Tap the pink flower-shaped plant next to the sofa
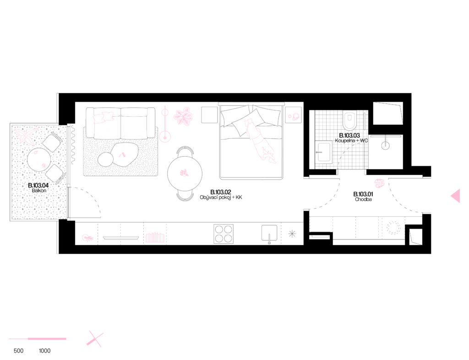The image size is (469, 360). click(x=183, y=116)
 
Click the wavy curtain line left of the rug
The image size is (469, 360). click(x=73, y=144)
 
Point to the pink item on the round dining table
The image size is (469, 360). click(x=184, y=173)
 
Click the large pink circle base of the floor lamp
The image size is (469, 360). click(x=165, y=136)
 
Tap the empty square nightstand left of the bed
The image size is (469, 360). click(x=209, y=115)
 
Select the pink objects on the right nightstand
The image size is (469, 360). click(x=294, y=117)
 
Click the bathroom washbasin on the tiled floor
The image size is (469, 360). click(x=324, y=152)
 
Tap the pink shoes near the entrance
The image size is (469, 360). click(x=379, y=184)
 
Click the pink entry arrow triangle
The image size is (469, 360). click(x=456, y=196)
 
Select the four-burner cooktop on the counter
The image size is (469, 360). click(x=224, y=234)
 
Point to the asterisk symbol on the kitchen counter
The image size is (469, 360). click(x=292, y=234)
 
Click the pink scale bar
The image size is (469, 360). click(x=37, y=339)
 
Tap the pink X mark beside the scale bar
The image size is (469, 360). click(x=95, y=339)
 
